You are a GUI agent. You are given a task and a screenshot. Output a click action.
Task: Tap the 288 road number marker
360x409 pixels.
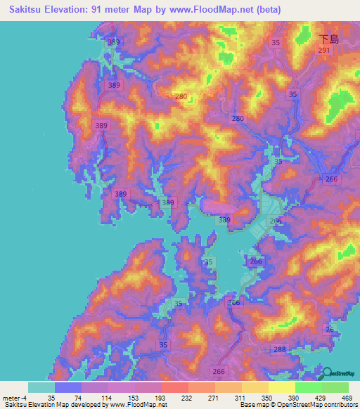[280, 349]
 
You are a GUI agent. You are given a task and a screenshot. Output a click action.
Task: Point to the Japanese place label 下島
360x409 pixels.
[328, 39]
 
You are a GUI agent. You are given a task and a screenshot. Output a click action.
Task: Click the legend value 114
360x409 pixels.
[95, 397]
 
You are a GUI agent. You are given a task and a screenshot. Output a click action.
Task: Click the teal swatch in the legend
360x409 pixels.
[41, 387]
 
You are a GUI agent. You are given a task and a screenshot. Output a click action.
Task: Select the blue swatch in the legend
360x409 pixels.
[67, 387]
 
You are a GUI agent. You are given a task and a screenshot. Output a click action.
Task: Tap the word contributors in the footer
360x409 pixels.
[340, 405]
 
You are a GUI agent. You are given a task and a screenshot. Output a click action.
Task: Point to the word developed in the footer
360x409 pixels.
[88, 405]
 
